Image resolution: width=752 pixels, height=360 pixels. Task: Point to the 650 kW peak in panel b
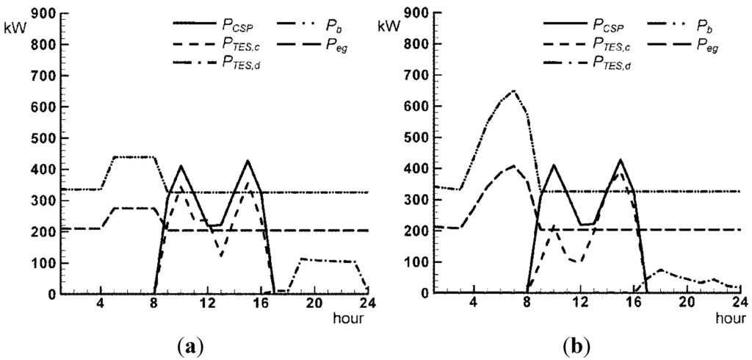[x=513, y=91]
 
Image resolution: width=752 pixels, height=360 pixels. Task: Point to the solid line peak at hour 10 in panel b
[x=553, y=165]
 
